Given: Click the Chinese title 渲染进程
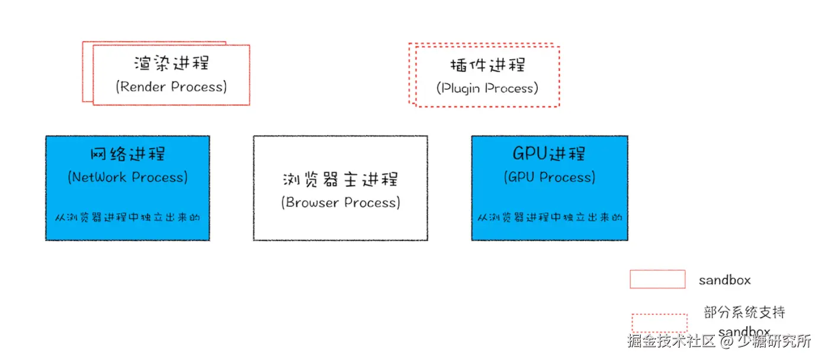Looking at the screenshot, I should tap(171, 63).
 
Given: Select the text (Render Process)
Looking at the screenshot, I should tap(171, 86).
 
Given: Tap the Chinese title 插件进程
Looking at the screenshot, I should tap(487, 65).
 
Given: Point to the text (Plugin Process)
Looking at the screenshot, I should tap(487, 88).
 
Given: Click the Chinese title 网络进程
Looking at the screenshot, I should tap(127, 154).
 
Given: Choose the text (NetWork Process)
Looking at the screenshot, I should tap(127, 177).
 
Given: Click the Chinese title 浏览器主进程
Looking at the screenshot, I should tap(341, 179).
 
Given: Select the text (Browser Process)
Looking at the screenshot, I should tap(341, 202).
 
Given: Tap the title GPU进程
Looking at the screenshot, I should tap(549, 154).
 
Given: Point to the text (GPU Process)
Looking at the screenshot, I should tap(549, 177).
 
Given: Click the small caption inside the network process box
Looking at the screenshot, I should tap(127, 217).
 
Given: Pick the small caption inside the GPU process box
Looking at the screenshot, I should tap(550, 217).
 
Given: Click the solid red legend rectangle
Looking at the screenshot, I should tap(657, 279).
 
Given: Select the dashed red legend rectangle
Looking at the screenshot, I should tap(659, 323).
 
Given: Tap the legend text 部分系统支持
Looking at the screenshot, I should tap(744, 312).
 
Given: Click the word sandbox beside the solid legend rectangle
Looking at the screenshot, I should tap(724, 280).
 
